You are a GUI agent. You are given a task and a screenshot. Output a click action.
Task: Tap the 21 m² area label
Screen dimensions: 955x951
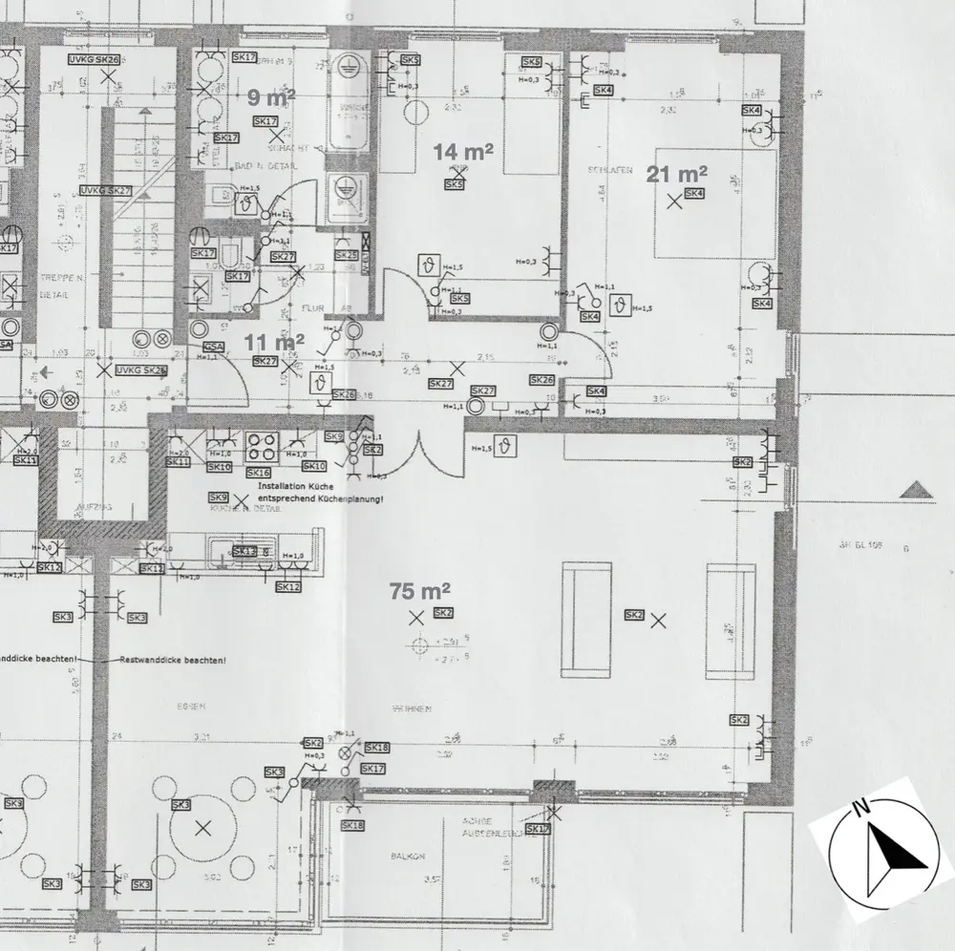678,174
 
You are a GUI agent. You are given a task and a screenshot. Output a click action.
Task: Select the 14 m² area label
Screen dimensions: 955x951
463,151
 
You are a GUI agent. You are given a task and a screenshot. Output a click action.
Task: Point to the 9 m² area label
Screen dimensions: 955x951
271,96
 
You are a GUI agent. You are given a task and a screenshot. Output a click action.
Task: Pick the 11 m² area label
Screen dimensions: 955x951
275,341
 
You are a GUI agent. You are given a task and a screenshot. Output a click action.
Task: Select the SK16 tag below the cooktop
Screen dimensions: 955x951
259,473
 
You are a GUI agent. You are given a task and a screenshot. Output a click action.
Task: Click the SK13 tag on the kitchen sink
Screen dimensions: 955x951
244,552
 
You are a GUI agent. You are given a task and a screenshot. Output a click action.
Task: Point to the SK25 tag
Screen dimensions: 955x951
346,256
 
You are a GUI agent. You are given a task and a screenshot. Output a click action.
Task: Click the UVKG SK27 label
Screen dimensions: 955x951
105,191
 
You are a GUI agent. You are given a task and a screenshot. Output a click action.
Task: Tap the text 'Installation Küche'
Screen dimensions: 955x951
296,486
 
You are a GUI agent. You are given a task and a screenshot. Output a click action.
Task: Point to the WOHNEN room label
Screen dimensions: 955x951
413,709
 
